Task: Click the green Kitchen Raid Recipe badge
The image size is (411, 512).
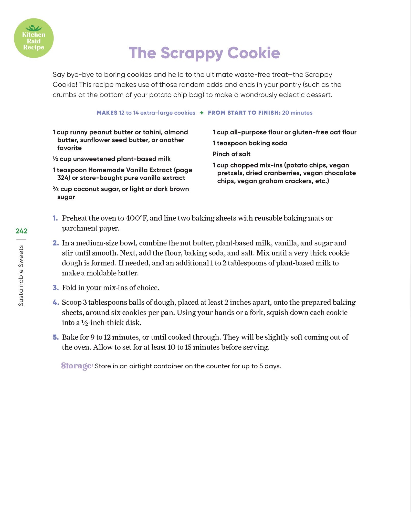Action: click(34, 38)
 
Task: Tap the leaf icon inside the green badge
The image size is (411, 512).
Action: click(34, 28)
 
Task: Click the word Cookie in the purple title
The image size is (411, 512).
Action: click(254, 53)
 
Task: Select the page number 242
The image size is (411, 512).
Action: click(22, 231)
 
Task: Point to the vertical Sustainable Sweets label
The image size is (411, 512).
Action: click(21, 276)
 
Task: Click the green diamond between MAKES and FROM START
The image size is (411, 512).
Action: click(202, 113)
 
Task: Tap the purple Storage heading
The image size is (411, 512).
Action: click(77, 366)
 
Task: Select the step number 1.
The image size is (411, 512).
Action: click(55, 218)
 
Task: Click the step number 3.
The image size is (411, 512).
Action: click(56, 288)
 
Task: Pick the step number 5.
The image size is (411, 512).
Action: click(56, 337)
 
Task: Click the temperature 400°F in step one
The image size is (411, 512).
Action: click(136, 218)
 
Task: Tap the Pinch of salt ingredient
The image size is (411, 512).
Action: click(231, 154)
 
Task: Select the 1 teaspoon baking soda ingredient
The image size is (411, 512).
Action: click(250, 143)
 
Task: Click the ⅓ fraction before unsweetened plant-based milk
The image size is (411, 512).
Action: click(55, 159)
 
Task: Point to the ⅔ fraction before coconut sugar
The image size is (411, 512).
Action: click(56, 189)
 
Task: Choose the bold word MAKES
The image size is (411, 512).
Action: click(107, 113)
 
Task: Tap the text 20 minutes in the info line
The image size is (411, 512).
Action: click(297, 113)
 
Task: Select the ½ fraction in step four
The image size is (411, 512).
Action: click(85, 323)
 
